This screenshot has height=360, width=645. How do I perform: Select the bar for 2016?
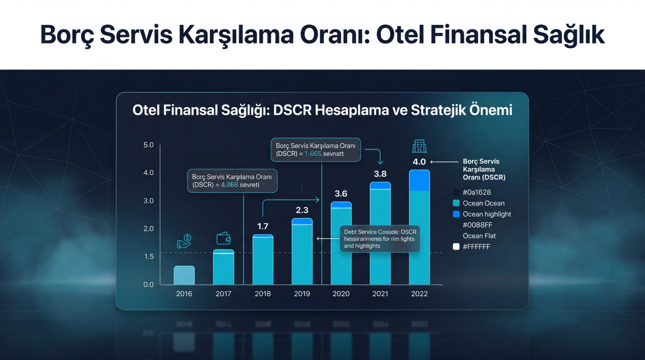click(x=184, y=275)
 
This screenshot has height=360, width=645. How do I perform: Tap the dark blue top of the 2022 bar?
click(x=419, y=181)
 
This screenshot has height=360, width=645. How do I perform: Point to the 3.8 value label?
click(x=380, y=174)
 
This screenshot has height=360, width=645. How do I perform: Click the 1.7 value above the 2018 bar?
click(x=263, y=226)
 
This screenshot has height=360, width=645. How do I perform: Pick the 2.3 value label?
click(x=302, y=210)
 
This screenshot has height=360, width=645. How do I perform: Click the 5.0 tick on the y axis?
click(x=148, y=145)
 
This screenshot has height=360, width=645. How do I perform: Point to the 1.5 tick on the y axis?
click(x=149, y=256)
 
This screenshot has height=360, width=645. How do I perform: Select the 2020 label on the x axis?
click(x=341, y=294)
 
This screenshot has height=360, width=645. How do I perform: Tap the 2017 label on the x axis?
click(x=223, y=294)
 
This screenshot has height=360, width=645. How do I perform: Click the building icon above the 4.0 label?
click(x=419, y=146)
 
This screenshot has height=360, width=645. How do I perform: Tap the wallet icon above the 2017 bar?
click(x=223, y=239)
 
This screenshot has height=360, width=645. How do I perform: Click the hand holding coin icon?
click(x=184, y=241)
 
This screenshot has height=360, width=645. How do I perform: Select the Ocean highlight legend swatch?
click(x=456, y=214)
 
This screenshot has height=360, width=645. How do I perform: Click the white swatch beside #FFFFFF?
click(x=456, y=247)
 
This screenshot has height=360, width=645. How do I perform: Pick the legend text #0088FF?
click(x=477, y=225)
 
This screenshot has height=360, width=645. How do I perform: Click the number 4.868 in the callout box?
click(x=229, y=185)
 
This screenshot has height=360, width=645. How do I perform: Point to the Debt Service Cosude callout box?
click(x=380, y=239)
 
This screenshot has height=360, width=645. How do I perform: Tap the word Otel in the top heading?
click(x=400, y=35)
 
